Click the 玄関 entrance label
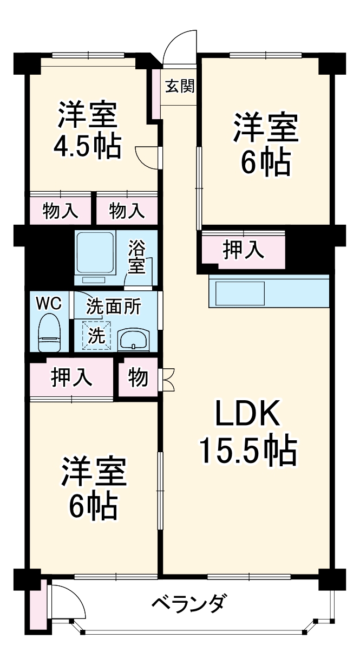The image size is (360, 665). pos(180,86)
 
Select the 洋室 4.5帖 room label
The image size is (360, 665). pos(87,129)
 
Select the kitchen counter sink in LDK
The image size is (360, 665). pos(239,293)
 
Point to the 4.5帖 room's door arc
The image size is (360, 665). pos(146,157)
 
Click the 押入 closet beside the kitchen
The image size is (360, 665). pos(244,250)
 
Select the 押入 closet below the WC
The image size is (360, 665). pos(71,377)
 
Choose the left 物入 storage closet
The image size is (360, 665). pos(60,209)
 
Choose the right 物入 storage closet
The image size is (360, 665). pos(127,209)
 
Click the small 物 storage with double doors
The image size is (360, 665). pos(138,378)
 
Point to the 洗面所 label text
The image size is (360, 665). pos(114,307)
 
